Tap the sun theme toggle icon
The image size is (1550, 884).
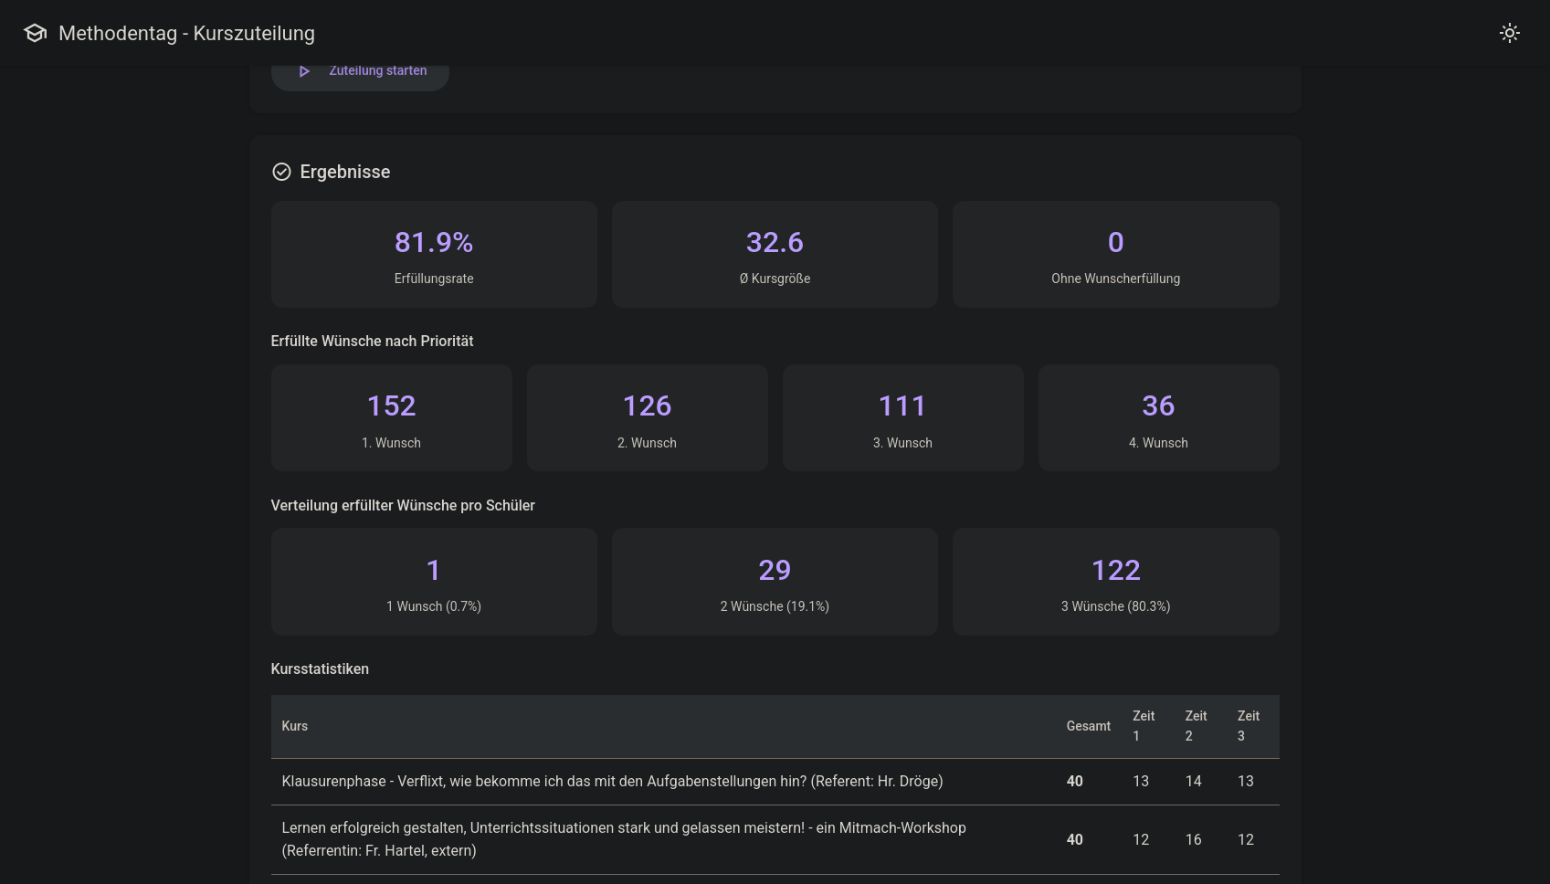[x=1509, y=33]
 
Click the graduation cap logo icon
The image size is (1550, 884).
[x=35, y=33]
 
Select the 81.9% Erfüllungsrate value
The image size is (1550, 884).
[x=434, y=242]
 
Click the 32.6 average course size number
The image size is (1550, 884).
[x=775, y=242]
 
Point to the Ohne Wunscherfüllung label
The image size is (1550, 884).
[x=1115, y=279]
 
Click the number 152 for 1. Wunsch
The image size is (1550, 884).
[x=391, y=405]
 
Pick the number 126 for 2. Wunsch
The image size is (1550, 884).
[x=647, y=405]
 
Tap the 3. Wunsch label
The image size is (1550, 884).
[x=902, y=443]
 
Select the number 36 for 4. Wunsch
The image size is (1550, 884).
[x=1158, y=405]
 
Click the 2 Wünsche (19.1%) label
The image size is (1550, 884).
[x=775, y=606]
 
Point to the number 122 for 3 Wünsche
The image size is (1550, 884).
[x=1115, y=570]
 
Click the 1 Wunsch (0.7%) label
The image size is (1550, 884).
[x=434, y=606]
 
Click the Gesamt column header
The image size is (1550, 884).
[x=1088, y=726]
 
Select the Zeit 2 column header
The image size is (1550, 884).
[x=1196, y=726]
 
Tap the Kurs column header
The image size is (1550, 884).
[x=294, y=726]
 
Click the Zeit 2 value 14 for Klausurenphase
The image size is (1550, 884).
[x=1193, y=781]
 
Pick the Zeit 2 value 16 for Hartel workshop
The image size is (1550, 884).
[x=1193, y=839]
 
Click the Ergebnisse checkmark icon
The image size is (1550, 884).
[x=281, y=172]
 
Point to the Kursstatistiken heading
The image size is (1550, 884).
[x=320, y=668]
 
